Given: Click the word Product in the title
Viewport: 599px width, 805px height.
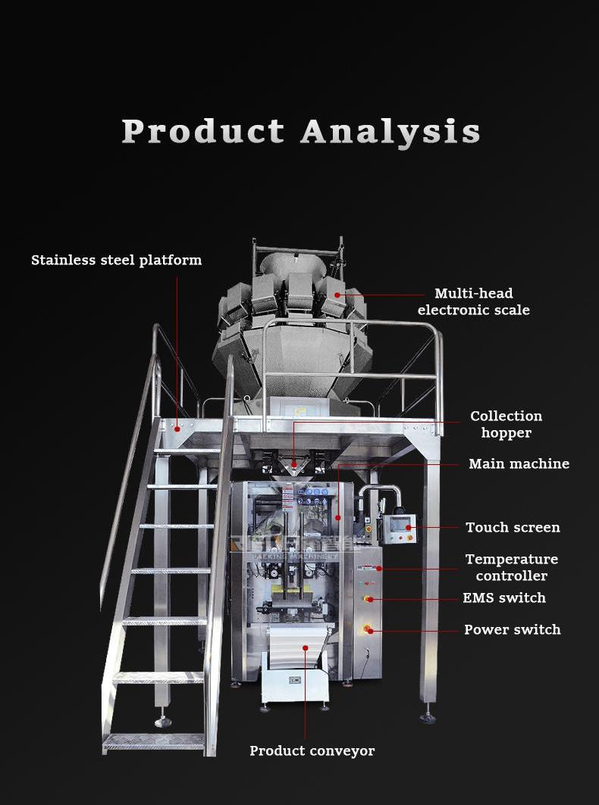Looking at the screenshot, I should coord(202,131).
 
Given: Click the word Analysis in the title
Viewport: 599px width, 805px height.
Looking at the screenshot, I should coord(390,131).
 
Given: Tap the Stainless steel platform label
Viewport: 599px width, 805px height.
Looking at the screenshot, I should coord(116,261).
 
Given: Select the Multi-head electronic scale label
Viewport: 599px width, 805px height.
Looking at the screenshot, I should coord(473,301).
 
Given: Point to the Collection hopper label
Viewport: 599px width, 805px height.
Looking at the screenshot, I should coord(506,424).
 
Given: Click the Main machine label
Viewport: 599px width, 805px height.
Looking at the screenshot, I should coord(519,463).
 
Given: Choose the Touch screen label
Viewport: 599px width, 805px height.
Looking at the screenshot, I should coord(513,527).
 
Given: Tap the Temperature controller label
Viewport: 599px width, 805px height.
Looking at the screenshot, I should coord(511,567).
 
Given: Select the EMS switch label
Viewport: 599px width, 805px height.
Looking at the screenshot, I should coord(504,598).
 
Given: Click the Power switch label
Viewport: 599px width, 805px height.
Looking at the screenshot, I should coord(512,629).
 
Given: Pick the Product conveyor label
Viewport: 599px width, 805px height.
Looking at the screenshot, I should coord(312,750).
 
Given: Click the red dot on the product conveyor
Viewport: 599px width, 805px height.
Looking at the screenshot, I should coord(306,647).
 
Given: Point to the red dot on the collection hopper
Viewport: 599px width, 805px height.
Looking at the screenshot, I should coord(293,463).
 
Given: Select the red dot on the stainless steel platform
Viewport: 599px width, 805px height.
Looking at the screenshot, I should coord(177,429).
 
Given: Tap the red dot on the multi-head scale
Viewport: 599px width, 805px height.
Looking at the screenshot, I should coord(337,294).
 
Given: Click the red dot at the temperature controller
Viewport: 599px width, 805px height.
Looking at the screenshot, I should coord(378,568).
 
